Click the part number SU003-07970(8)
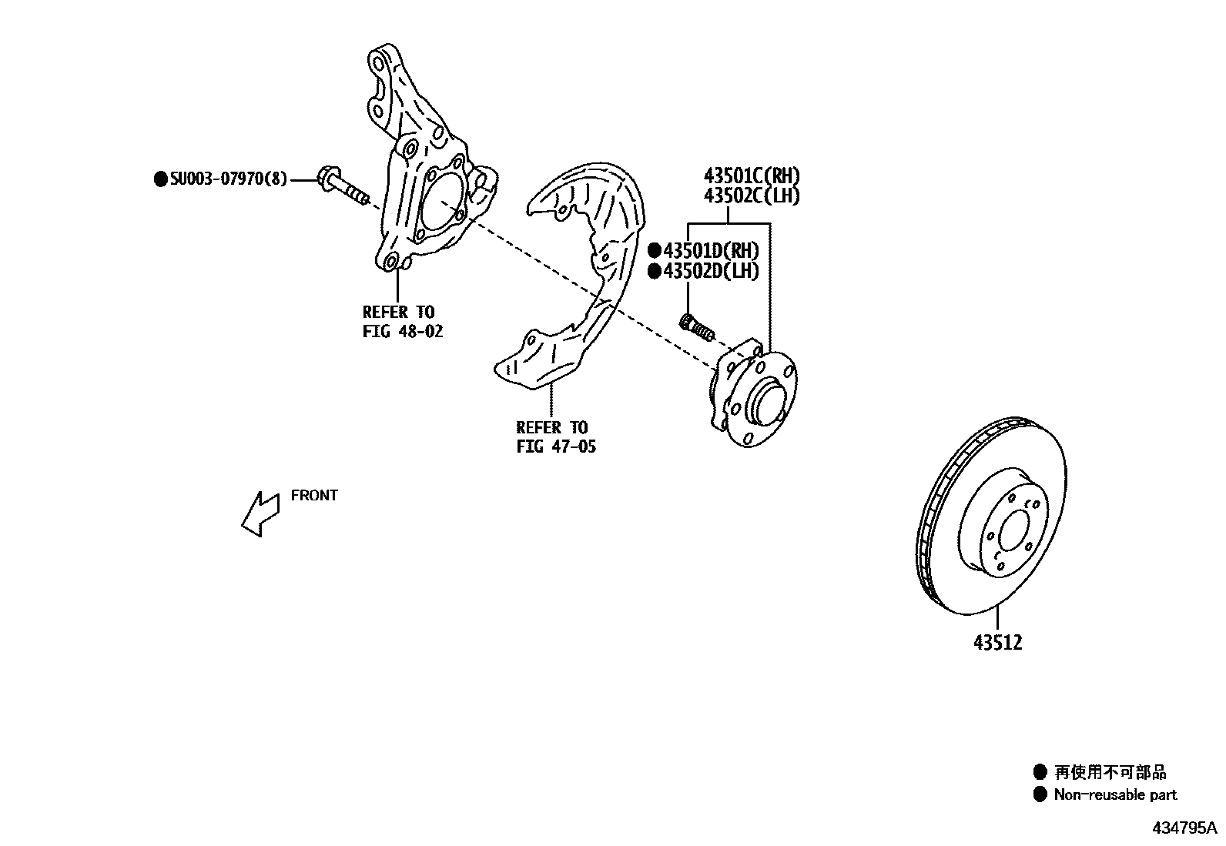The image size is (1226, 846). pos(229,179)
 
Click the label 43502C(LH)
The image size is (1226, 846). pos(751,196)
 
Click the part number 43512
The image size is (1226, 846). pos(997,642)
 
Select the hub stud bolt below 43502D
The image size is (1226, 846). pos(697,327)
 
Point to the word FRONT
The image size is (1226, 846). pos(314,495)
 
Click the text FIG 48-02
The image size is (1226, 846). pos(403,332)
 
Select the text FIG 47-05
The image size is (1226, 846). pos(556,446)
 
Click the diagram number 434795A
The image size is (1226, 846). pos(1184,828)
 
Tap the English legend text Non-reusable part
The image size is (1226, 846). pos(1115,794)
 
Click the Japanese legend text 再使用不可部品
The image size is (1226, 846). pos(1110,771)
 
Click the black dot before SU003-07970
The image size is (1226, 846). pos(161,179)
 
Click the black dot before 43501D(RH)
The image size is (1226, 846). pos(655,250)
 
